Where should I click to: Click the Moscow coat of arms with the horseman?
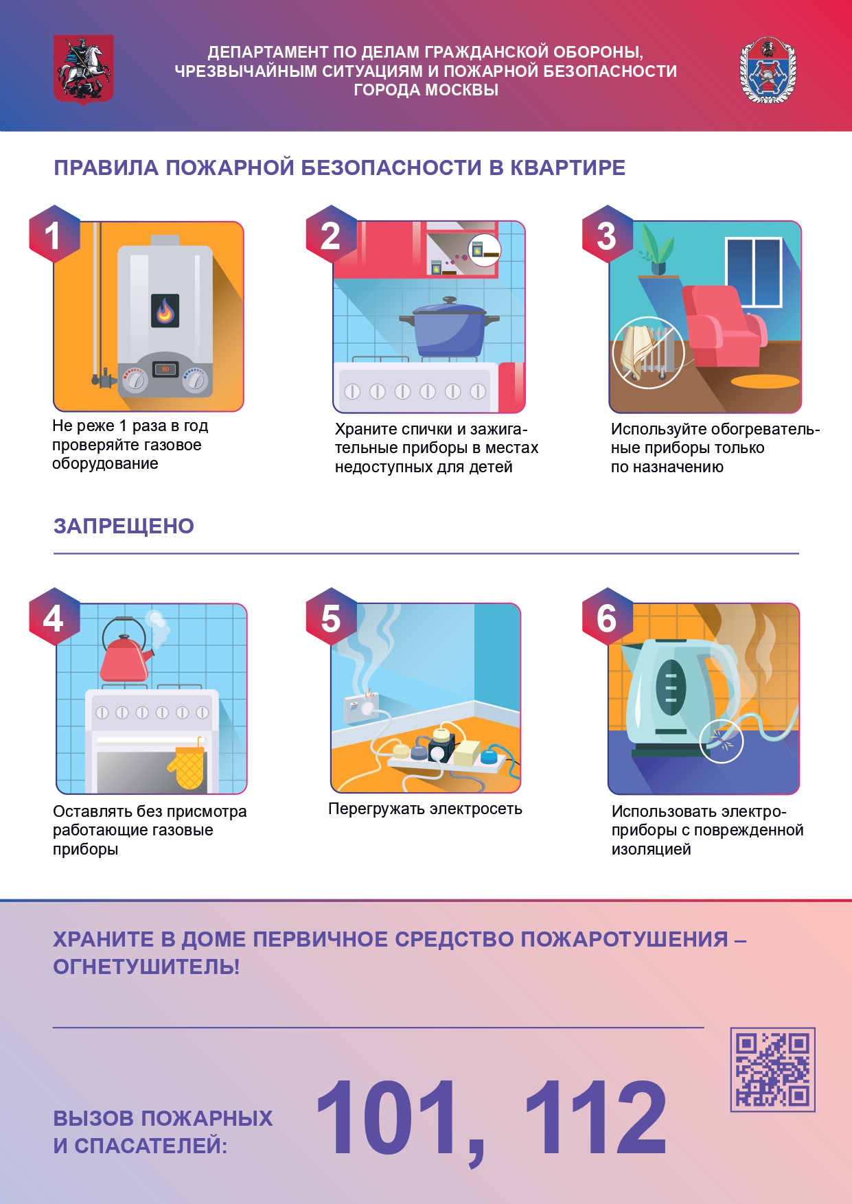(x=84, y=69)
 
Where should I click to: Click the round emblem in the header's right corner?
(x=768, y=70)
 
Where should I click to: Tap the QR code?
(x=772, y=1069)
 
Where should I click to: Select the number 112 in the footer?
(x=595, y=1118)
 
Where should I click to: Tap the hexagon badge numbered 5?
(x=331, y=617)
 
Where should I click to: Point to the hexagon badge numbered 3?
(x=607, y=235)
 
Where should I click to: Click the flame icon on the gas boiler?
(x=165, y=311)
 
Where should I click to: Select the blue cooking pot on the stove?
(x=450, y=328)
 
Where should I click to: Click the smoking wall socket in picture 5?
(x=361, y=707)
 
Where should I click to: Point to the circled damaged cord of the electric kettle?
(x=722, y=741)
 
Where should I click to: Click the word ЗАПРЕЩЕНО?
(x=124, y=526)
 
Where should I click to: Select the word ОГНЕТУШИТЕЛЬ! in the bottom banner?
(x=146, y=966)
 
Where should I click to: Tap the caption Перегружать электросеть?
(x=425, y=809)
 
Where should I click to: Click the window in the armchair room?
(x=754, y=272)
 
